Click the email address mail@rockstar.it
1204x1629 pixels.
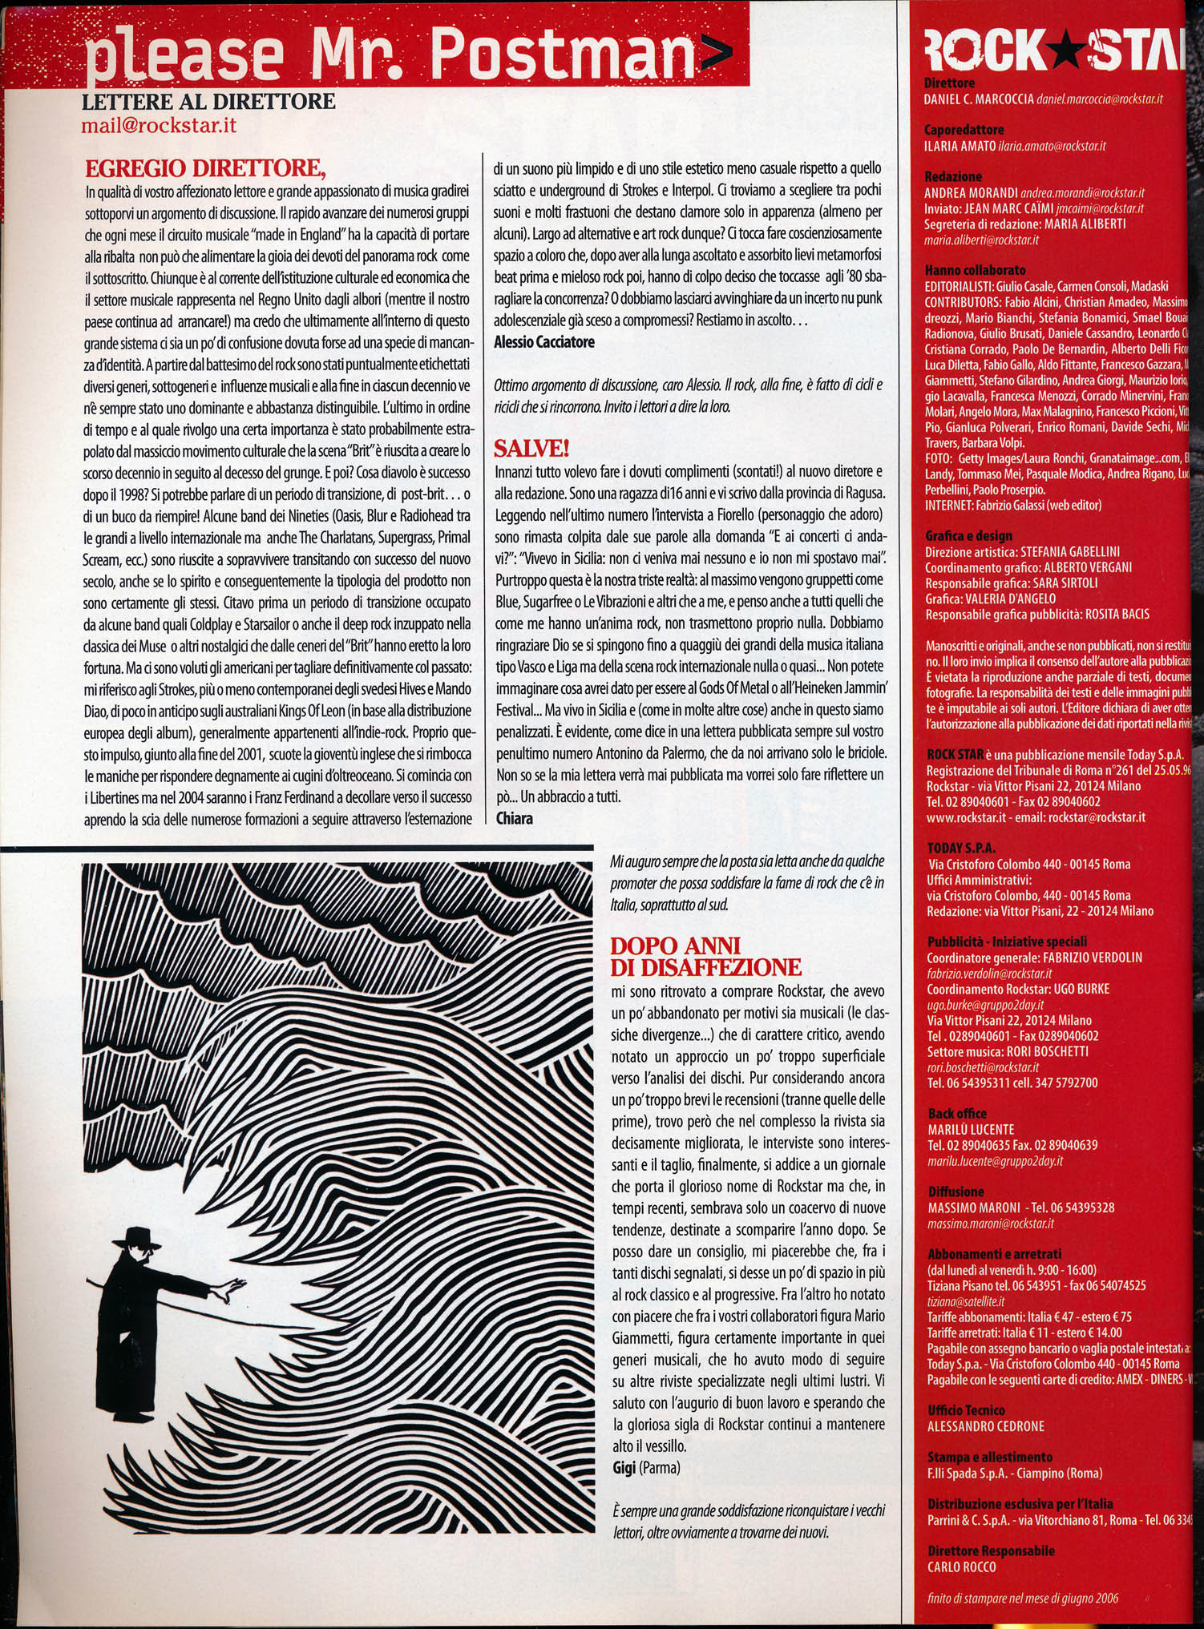(159, 126)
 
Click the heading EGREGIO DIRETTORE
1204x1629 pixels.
(204, 169)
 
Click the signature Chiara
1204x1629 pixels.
(514, 818)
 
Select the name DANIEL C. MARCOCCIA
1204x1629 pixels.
(978, 99)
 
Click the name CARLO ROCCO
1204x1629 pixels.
(961, 1567)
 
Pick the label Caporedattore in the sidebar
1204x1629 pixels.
(964, 130)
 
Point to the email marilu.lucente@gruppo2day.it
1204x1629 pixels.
(995, 1160)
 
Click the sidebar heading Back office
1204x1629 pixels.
(956, 1114)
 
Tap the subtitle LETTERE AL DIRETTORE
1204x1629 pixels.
(208, 102)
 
